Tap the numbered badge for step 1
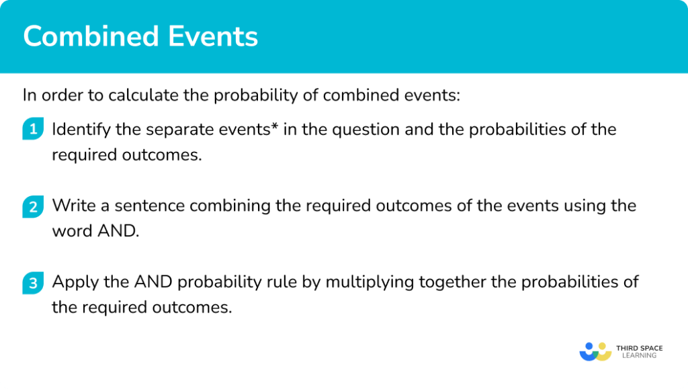tap(32, 130)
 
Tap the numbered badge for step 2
tap(32, 206)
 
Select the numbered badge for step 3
tap(32, 283)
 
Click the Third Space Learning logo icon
tap(593, 351)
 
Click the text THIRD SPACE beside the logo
tap(639, 348)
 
